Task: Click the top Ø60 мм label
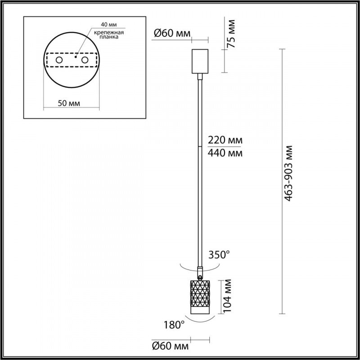[x=171, y=32]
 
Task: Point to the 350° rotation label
[x=219, y=255]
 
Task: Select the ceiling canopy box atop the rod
[x=199, y=61]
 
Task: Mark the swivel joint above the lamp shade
[x=199, y=272]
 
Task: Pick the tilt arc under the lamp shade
[x=198, y=320]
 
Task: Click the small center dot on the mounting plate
[x=76, y=58]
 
